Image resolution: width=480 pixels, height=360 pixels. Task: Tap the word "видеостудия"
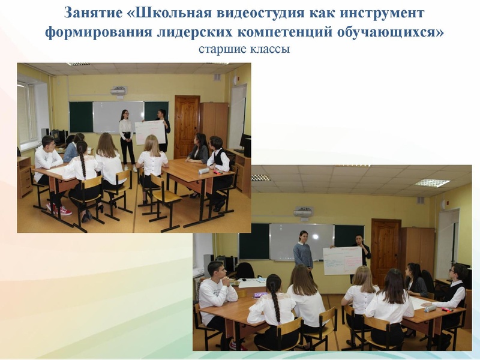point(248,13)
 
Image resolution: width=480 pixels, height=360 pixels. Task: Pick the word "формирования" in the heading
point(97,32)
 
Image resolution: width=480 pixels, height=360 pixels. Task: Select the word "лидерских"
point(192,32)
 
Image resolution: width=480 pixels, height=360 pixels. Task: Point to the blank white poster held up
point(150,132)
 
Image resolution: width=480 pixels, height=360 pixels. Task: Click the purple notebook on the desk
point(259,295)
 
